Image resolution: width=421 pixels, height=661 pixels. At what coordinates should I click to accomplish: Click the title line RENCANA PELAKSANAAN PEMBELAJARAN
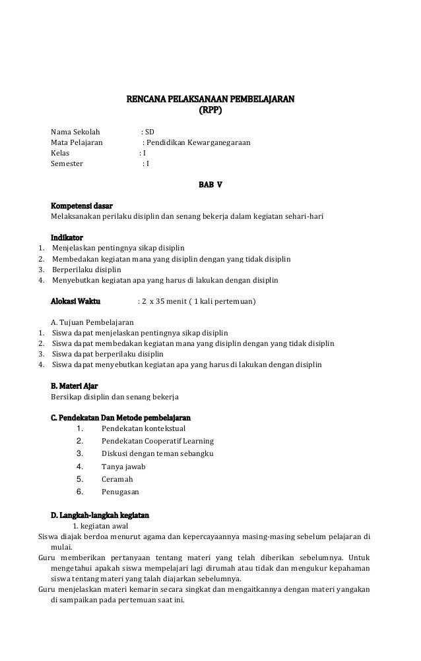point(210,100)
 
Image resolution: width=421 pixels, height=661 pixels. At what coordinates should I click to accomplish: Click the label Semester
point(67,164)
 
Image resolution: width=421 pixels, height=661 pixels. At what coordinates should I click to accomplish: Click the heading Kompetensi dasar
point(81,205)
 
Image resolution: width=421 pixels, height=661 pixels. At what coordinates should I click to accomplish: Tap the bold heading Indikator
point(67,238)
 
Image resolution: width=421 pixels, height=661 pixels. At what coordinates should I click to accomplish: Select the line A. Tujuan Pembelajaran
point(92,322)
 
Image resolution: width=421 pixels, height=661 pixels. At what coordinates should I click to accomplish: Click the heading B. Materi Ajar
point(75,386)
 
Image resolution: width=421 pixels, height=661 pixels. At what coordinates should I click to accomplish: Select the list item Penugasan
point(121,491)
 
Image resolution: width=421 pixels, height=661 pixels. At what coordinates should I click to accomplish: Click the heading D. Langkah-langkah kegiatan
point(100,514)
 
